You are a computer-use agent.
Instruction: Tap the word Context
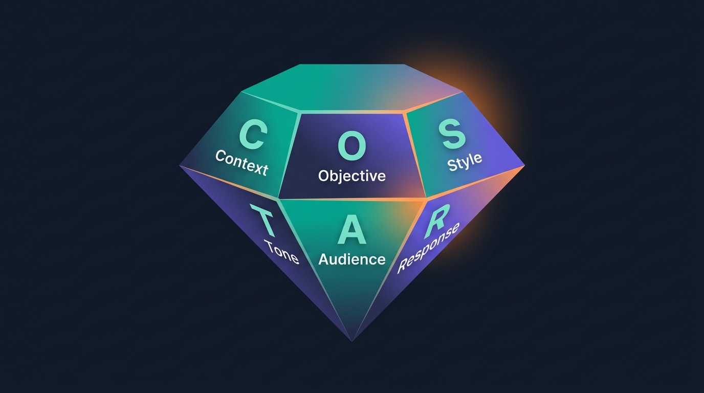point(241,163)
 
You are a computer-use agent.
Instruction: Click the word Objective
point(351,176)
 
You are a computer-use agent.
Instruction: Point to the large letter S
point(454,135)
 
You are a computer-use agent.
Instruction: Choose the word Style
point(465,162)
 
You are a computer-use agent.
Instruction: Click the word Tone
point(281,252)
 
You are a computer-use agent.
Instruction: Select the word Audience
point(351,259)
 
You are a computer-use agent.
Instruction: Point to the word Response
point(429,248)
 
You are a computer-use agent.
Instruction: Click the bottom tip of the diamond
point(352,341)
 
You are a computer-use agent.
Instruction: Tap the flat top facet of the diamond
point(352,88)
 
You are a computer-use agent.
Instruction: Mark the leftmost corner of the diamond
point(179,165)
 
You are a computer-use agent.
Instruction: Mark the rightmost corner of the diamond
point(525,165)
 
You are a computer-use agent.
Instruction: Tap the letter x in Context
point(255,167)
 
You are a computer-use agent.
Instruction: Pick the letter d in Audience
point(343,259)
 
